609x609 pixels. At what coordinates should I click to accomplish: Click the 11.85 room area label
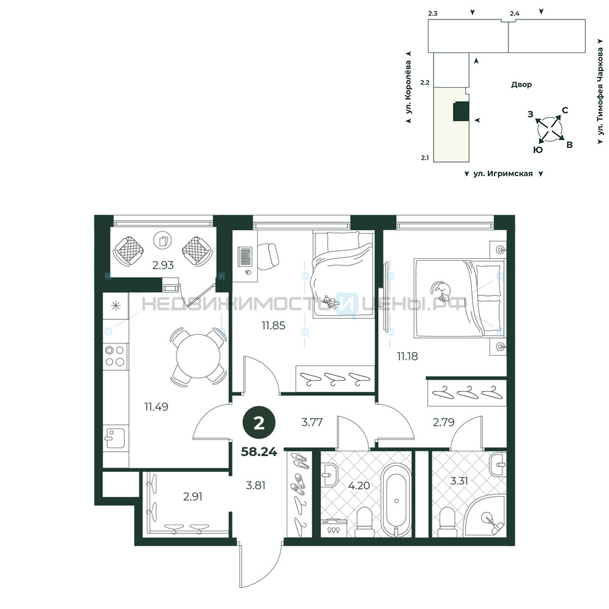(x=273, y=325)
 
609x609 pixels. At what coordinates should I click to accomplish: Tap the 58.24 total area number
(x=259, y=452)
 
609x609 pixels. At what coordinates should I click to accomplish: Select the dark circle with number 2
(x=259, y=423)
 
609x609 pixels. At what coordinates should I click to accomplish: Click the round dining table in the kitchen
(x=198, y=356)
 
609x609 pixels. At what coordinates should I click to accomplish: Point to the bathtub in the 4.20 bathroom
(x=396, y=500)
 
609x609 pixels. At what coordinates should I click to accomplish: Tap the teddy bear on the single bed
(x=329, y=302)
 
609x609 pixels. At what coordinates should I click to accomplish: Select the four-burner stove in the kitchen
(x=115, y=356)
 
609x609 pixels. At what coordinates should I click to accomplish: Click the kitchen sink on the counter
(x=115, y=438)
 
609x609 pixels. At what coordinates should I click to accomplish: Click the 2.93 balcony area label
(x=163, y=266)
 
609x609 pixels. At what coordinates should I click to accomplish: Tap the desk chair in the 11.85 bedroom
(x=267, y=256)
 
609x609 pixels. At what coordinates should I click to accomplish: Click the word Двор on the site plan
(x=521, y=85)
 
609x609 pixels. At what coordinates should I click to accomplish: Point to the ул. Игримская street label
(x=503, y=174)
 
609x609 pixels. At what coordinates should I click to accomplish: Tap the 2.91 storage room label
(x=192, y=496)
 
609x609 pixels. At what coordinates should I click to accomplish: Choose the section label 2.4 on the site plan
(x=515, y=13)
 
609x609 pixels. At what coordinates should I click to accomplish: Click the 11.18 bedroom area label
(x=407, y=356)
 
